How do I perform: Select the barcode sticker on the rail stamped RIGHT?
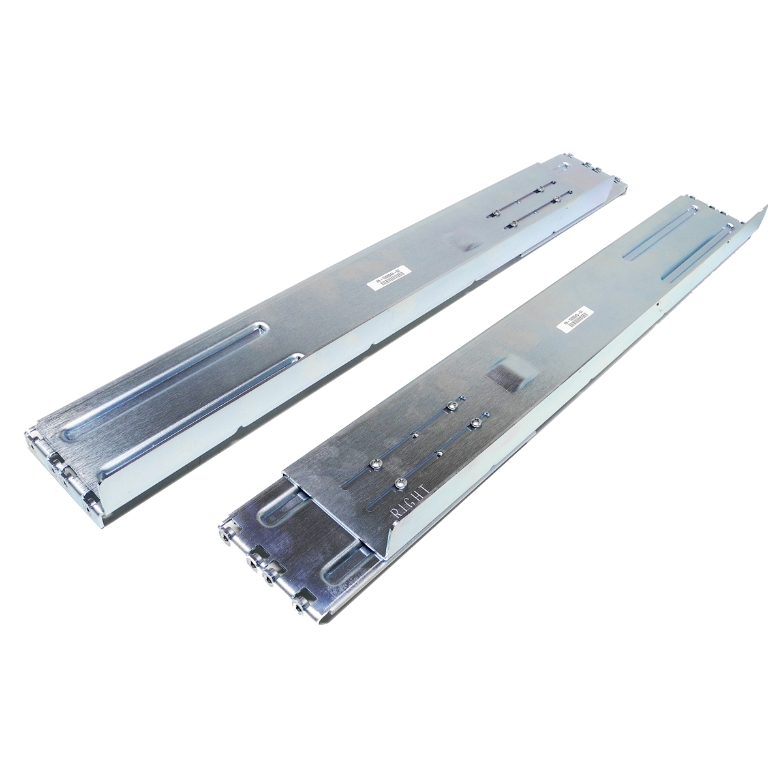(x=572, y=318)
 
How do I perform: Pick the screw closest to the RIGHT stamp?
(x=399, y=484)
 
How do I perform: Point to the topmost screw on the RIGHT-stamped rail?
(x=450, y=408)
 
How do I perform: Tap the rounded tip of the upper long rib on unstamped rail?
(x=263, y=326)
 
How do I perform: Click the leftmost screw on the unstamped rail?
(x=497, y=211)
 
